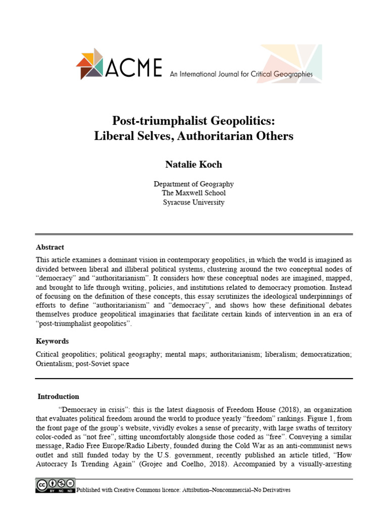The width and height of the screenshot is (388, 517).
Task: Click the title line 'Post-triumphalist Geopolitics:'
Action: [x=194, y=121]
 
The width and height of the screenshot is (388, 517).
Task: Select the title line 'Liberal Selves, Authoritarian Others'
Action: [x=194, y=136]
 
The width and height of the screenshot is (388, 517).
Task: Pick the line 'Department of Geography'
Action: [x=194, y=184]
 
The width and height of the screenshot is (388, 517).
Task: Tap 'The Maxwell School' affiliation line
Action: [x=194, y=193]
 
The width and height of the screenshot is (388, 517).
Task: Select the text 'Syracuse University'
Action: [x=194, y=202]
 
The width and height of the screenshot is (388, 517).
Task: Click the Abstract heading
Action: [x=50, y=247]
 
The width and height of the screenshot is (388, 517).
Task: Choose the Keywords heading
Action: [x=52, y=341]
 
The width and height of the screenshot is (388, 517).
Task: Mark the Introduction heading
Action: [x=59, y=396]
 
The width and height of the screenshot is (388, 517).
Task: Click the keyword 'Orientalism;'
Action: [x=54, y=363]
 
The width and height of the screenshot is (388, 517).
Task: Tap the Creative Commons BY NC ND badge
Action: [x=55, y=486]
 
